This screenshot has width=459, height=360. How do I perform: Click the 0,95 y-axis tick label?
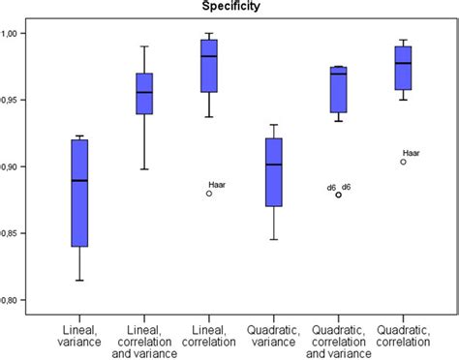18,100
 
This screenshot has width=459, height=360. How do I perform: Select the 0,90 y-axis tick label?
18,166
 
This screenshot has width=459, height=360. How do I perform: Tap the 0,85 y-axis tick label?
18,233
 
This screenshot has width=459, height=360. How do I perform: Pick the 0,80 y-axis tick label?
18,299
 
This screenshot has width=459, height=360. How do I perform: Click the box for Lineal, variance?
78,194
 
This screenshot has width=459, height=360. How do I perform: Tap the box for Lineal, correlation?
208,66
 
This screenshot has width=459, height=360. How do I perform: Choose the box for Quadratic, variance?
273,172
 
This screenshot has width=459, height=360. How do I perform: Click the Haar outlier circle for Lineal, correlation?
208,194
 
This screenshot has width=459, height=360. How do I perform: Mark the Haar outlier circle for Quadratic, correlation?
403,162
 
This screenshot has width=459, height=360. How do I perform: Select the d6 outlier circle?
338,195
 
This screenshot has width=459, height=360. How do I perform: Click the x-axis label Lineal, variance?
78,327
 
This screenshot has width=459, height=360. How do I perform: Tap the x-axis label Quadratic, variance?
273,327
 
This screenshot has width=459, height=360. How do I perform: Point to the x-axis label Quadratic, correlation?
403,327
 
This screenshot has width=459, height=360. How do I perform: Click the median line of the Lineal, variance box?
78,180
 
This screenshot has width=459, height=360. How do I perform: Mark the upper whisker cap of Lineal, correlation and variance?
143,45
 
